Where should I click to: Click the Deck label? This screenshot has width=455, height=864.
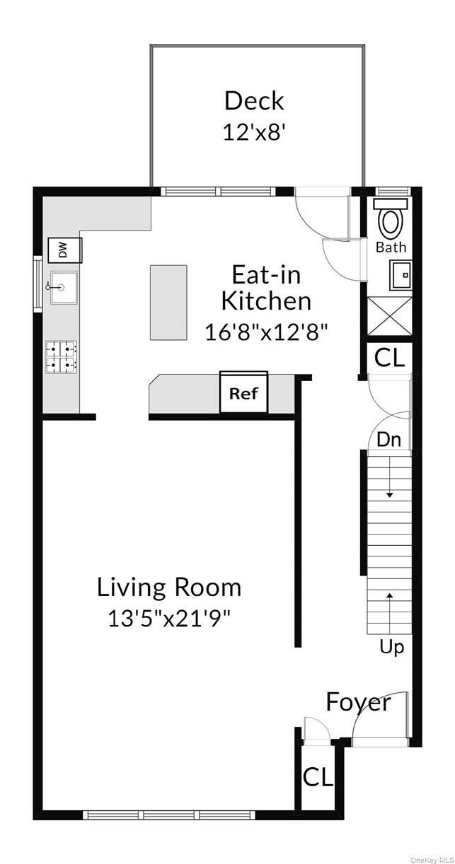[x=254, y=101]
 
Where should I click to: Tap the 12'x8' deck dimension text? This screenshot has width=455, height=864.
[x=254, y=132]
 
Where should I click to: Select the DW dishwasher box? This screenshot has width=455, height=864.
[x=63, y=250]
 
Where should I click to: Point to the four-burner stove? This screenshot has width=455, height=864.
[x=62, y=357]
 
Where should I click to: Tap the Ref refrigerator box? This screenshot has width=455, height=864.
[x=243, y=394]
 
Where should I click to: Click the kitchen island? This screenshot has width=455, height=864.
[x=168, y=303]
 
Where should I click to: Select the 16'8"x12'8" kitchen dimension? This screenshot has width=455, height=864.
[x=267, y=332]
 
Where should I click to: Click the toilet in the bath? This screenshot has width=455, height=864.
[x=390, y=218]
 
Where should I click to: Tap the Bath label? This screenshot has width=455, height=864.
[x=391, y=247]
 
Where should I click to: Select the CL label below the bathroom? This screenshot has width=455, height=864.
[x=390, y=358]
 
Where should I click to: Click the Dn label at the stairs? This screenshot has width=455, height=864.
[x=388, y=439]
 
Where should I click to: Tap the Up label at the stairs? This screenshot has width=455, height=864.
[x=391, y=646]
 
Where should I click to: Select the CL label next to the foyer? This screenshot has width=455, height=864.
[x=318, y=777]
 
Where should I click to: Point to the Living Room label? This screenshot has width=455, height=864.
[x=169, y=588]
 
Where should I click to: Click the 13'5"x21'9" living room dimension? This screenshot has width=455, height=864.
[x=169, y=619]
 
